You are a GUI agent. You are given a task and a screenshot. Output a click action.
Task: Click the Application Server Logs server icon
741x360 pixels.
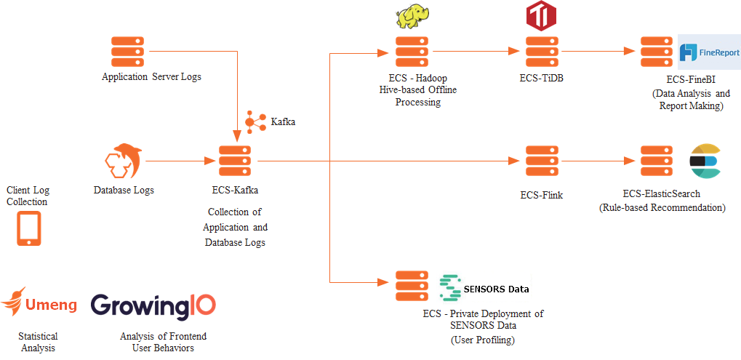point(127,52)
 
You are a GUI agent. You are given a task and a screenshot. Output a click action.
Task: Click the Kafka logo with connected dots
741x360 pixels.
point(256,122)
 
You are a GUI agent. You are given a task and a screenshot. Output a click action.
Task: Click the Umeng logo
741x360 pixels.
point(40,304)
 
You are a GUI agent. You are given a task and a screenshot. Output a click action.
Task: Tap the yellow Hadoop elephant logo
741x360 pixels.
point(412,16)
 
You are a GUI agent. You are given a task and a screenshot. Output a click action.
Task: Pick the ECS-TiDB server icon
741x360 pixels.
point(542,52)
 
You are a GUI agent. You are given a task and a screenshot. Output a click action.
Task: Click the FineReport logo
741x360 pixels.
point(709,52)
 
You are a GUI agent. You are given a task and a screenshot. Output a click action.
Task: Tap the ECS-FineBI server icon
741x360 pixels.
point(657,52)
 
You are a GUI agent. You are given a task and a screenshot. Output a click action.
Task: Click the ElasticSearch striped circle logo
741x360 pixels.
point(705,161)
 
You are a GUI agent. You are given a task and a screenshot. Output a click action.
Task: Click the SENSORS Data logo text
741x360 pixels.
point(485,289)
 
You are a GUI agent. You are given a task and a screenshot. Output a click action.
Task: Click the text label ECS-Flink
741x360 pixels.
point(542,195)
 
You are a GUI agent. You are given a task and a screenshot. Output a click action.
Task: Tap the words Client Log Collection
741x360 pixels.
point(28,196)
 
